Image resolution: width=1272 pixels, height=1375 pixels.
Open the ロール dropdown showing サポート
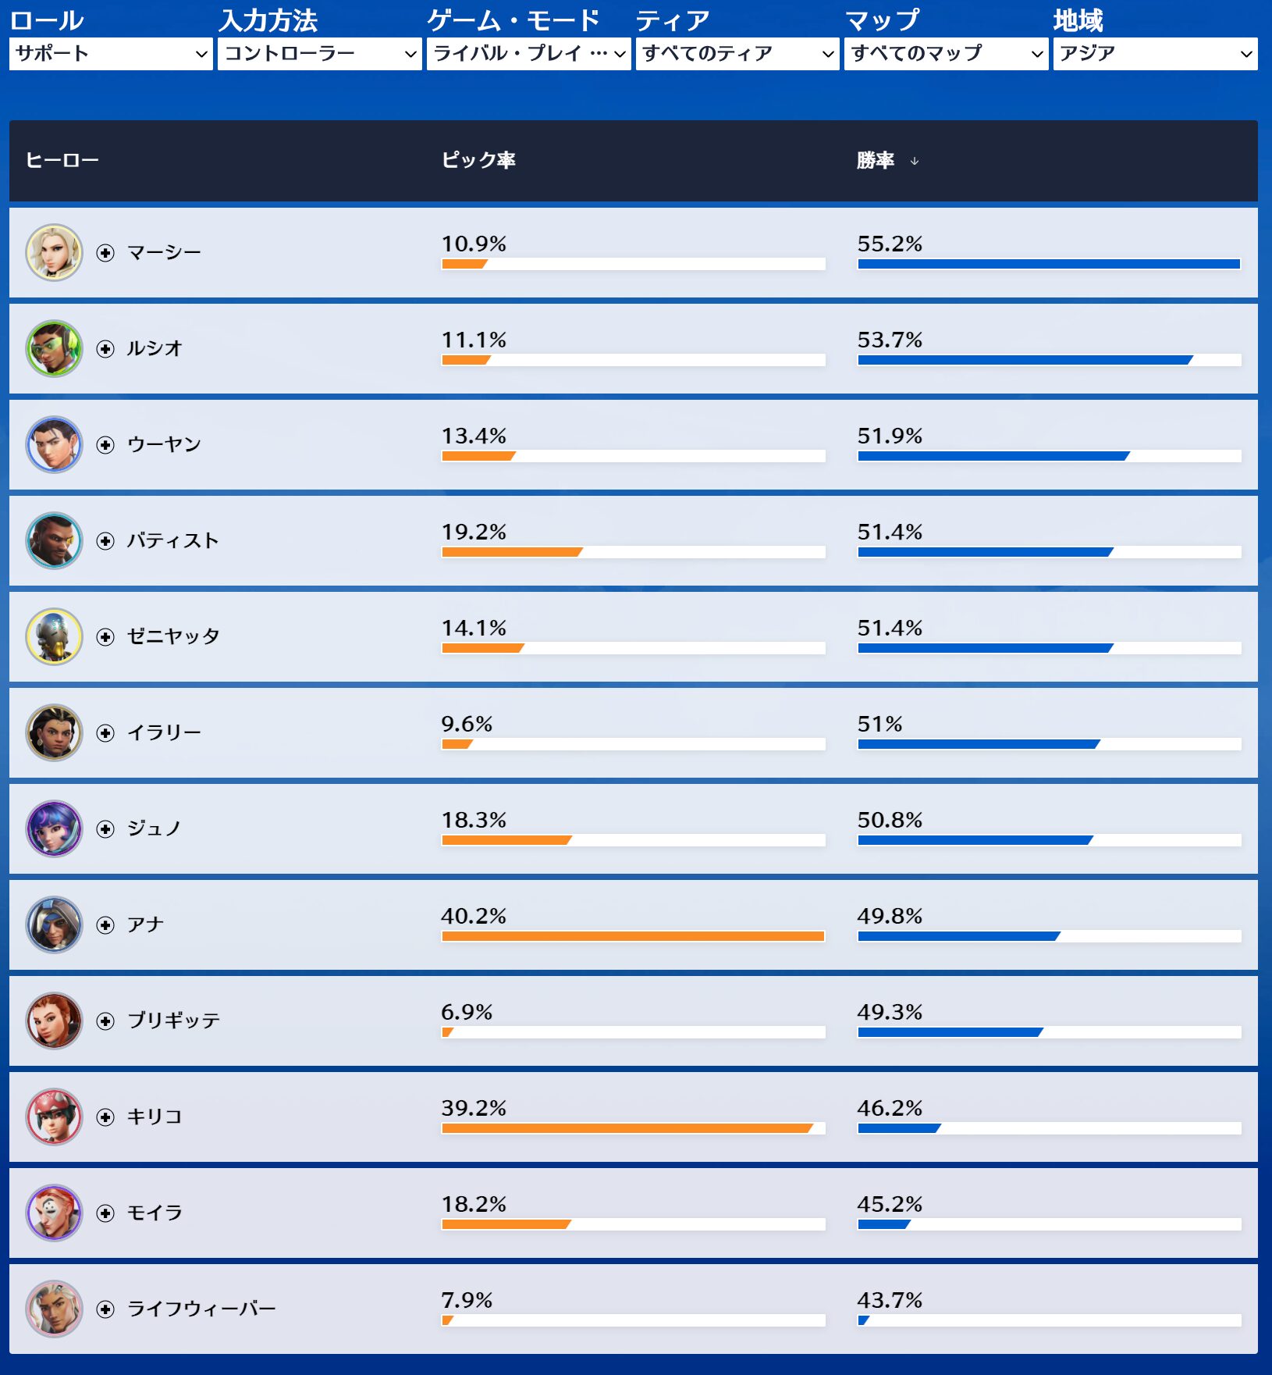pos(111,54)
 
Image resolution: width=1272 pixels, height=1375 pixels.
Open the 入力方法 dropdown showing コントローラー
pos(319,54)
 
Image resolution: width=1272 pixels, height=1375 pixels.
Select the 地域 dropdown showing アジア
pos(1155,54)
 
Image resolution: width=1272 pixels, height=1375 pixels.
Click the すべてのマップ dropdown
pos(946,54)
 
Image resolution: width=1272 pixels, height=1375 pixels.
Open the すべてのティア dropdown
pos(737,54)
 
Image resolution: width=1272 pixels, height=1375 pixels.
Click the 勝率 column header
pos(875,161)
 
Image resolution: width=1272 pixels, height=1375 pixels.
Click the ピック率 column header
pos(478,161)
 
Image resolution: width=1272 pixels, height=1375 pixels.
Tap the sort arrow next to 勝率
pos(915,162)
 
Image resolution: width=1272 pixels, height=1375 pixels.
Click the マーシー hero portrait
pos(54,252)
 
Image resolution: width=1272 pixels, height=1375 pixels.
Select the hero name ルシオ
pos(155,348)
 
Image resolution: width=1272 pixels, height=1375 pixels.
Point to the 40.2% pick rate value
pos(474,916)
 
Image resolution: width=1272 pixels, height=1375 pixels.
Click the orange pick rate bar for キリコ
pos(627,1128)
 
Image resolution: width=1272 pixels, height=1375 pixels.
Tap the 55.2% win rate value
pos(890,244)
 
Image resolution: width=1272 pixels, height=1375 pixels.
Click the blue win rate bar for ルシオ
pos(1025,360)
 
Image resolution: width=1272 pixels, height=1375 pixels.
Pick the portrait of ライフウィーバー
pos(54,1309)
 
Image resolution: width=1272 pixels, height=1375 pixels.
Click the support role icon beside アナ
pos(105,925)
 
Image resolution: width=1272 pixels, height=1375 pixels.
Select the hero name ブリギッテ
pos(173,1021)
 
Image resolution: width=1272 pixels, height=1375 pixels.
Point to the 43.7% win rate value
pos(890,1301)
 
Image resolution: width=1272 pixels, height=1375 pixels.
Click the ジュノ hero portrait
pos(54,828)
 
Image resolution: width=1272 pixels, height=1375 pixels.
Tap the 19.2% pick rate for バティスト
pos(474,533)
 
